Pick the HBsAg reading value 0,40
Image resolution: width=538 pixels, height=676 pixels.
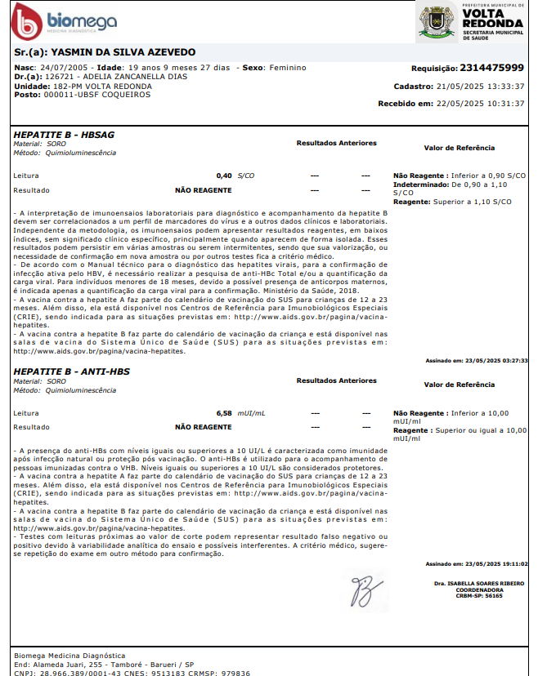(224, 176)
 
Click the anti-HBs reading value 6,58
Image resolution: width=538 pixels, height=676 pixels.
(224, 413)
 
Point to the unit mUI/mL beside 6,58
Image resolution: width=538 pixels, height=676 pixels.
(251, 413)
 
